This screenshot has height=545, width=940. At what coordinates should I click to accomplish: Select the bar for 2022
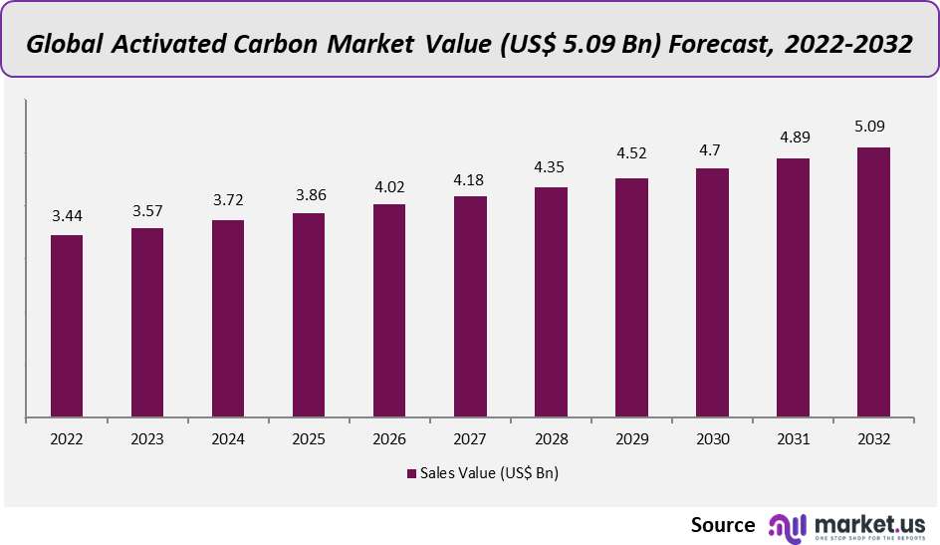click(x=67, y=326)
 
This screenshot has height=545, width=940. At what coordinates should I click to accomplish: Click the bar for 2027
click(x=470, y=307)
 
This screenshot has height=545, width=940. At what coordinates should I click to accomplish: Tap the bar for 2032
click(x=873, y=282)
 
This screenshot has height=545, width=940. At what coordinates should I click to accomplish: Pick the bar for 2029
click(x=631, y=298)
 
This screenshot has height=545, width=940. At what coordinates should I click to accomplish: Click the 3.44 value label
click(x=67, y=215)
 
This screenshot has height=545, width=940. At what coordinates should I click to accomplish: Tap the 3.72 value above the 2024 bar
click(x=228, y=200)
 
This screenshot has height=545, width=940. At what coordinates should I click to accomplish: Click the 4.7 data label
click(x=712, y=149)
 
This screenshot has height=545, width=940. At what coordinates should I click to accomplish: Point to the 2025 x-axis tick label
click(x=309, y=439)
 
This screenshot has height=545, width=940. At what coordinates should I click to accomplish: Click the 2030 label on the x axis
click(x=712, y=439)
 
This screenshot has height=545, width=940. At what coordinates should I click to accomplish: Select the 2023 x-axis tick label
click(x=147, y=439)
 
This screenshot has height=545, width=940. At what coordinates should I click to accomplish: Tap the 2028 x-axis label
click(x=551, y=439)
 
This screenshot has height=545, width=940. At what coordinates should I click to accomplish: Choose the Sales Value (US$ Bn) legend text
click(x=489, y=473)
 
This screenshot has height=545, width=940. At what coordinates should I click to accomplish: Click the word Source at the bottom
click(x=723, y=524)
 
